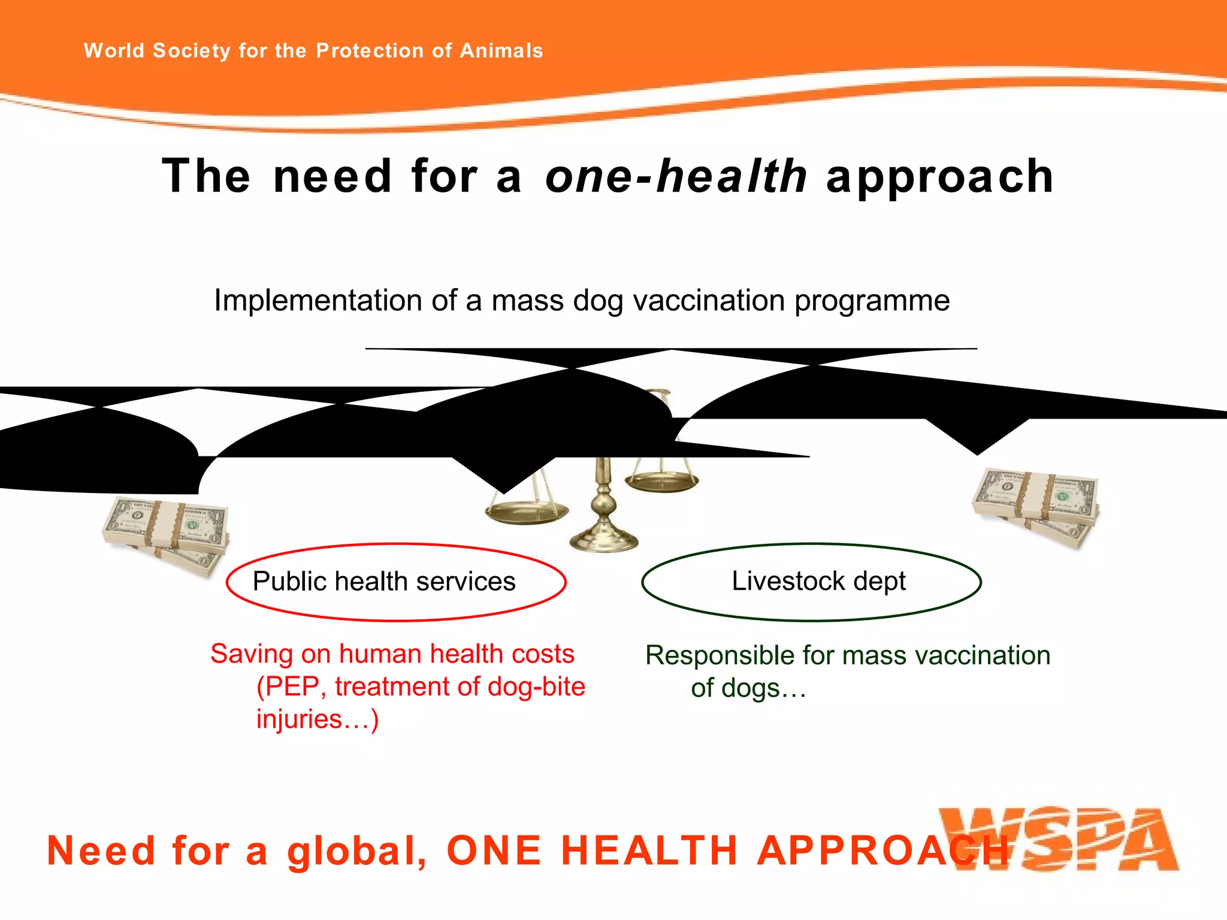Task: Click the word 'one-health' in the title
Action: coord(676,177)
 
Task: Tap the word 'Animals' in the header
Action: coord(501,51)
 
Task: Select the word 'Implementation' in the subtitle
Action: coord(318,300)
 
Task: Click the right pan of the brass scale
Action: coord(661,481)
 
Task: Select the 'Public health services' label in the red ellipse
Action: coord(384,582)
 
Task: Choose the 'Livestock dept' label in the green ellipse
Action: coord(818,581)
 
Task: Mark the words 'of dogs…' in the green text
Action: coord(748,688)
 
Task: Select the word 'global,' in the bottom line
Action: coord(357,851)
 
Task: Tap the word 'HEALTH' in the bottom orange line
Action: coord(649,851)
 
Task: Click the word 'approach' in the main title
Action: coord(939,177)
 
